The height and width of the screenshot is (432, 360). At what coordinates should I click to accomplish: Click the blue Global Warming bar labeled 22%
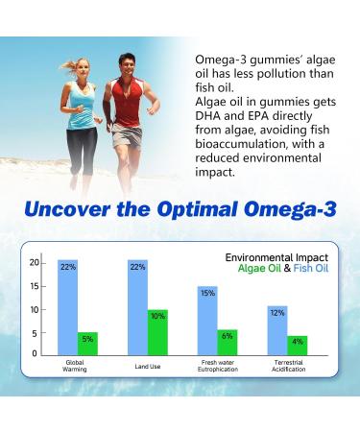tap(66, 307)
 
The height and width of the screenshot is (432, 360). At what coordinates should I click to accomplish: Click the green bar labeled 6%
tap(228, 342)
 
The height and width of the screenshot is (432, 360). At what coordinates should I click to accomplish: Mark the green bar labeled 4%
tap(298, 345)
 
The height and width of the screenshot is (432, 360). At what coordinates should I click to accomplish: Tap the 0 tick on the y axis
tap(35, 354)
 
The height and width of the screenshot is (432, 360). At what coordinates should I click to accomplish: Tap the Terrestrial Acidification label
tap(288, 370)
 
